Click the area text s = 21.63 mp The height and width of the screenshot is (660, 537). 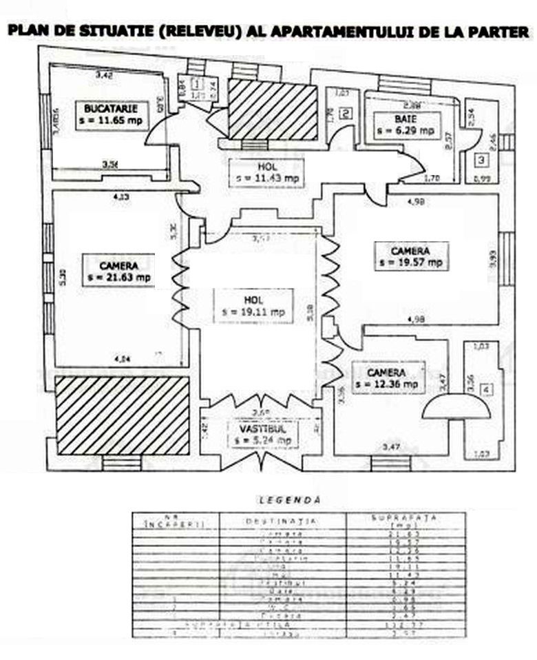click(x=119, y=277)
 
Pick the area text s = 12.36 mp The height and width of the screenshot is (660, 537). click(x=388, y=384)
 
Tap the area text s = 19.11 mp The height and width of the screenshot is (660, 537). click(x=253, y=311)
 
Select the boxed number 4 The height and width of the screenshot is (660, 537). click(x=487, y=391)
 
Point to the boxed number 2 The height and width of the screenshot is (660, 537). click(x=346, y=114)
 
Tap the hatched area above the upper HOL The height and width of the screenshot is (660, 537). click(x=272, y=110)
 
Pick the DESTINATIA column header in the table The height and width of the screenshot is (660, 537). click(x=281, y=522)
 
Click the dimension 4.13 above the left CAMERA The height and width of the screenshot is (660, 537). click(x=123, y=197)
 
